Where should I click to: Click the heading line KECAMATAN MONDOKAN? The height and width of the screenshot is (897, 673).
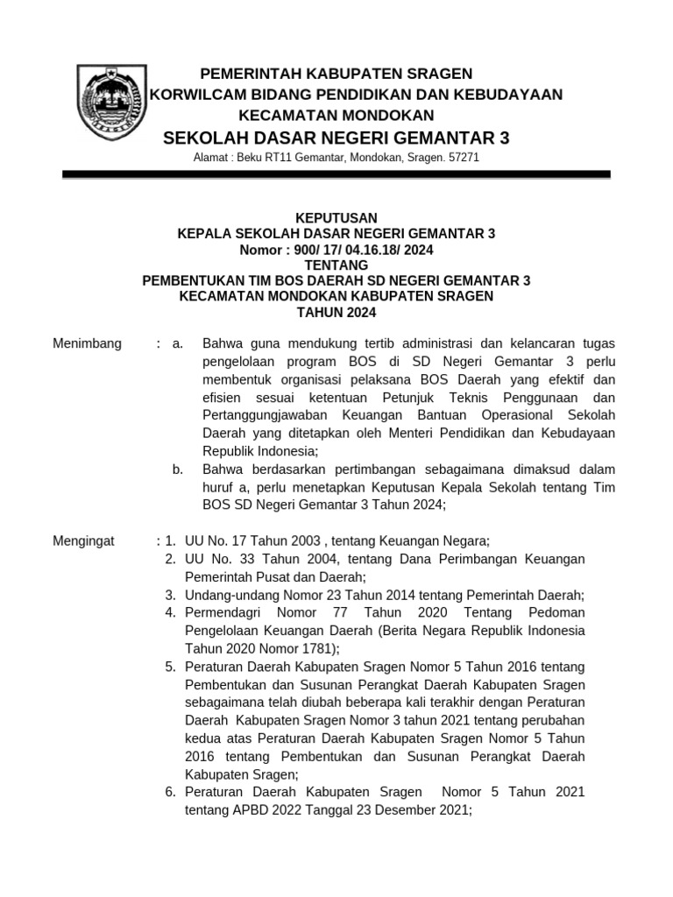[x=336, y=116]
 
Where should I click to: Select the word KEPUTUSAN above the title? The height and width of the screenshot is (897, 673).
[x=336, y=217]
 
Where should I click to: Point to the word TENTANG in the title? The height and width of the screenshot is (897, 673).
[x=336, y=265]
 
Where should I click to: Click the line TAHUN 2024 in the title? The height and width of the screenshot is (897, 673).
[x=336, y=313]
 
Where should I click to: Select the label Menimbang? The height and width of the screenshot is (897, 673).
[x=88, y=343]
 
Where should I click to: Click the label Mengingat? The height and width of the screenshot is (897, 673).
[x=84, y=541]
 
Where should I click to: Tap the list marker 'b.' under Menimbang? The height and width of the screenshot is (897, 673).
[x=178, y=470]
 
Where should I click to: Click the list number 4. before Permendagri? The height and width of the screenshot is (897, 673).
[x=171, y=612]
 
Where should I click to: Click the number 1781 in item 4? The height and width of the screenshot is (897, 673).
[x=315, y=649]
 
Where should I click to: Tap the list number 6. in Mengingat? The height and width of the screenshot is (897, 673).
[x=171, y=793]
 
